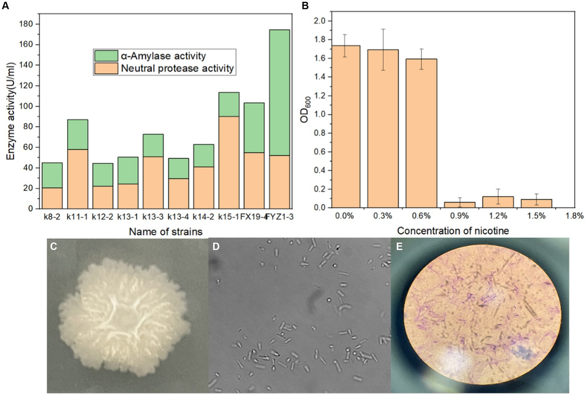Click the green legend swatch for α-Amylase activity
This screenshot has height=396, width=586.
[x=104, y=54]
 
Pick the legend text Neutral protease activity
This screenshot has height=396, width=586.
[x=177, y=69]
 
